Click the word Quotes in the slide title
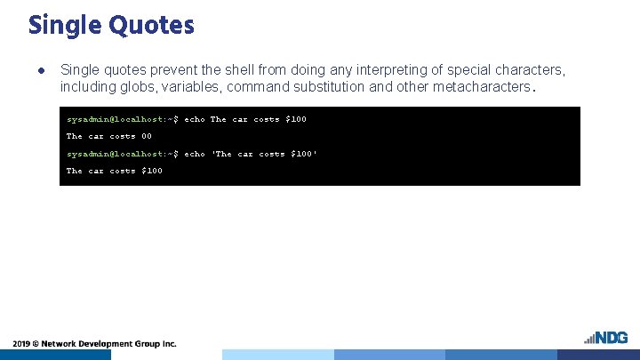(x=151, y=25)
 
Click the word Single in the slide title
(x=66, y=25)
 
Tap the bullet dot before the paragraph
(x=40, y=69)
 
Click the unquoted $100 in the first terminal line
(x=295, y=119)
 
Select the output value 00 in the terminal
(x=146, y=136)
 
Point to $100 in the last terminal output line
(x=152, y=171)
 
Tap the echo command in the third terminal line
(x=195, y=154)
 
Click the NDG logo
(x=606, y=338)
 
